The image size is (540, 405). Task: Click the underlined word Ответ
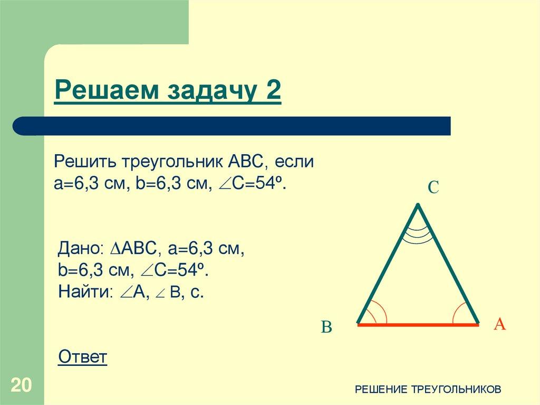click(x=83, y=357)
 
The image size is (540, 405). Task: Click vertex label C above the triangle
click(x=433, y=187)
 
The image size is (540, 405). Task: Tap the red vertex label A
click(x=499, y=324)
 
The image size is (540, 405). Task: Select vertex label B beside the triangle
click(x=326, y=328)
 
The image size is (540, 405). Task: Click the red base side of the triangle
click(x=418, y=325)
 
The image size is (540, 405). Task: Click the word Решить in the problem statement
click(x=86, y=161)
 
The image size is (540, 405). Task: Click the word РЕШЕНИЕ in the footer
click(x=380, y=389)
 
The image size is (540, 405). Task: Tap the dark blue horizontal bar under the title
click(x=232, y=126)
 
